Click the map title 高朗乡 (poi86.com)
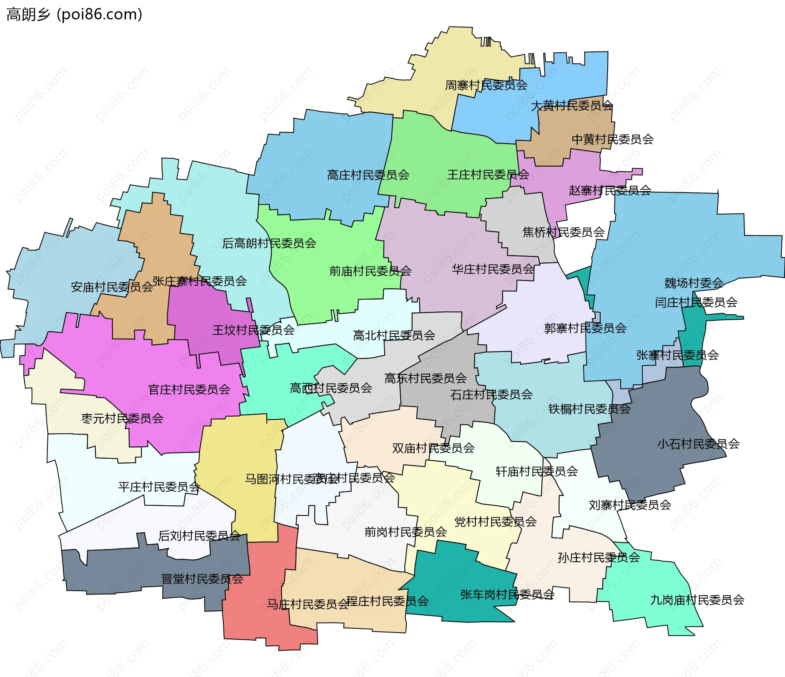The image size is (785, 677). (74, 14)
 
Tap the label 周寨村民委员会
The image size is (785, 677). (486, 85)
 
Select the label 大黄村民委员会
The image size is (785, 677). (572, 105)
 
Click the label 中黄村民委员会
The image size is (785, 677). (612, 139)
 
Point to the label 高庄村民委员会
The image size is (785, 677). (368, 175)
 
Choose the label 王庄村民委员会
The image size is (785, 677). (488, 175)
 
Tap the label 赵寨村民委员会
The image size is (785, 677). (610, 190)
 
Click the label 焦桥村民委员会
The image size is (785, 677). (563, 232)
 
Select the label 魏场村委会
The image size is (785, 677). (693, 283)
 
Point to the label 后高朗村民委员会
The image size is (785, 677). (269, 243)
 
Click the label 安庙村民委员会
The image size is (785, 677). (112, 287)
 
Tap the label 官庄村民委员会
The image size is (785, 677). (189, 389)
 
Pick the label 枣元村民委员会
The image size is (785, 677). (122, 418)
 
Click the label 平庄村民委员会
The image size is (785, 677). (159, 486)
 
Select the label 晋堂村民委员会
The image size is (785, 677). (202, 579)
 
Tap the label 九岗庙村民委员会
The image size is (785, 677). (697, 600)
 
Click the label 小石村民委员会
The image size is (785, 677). (698, 444)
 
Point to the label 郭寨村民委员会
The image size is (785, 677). (585, 328)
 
